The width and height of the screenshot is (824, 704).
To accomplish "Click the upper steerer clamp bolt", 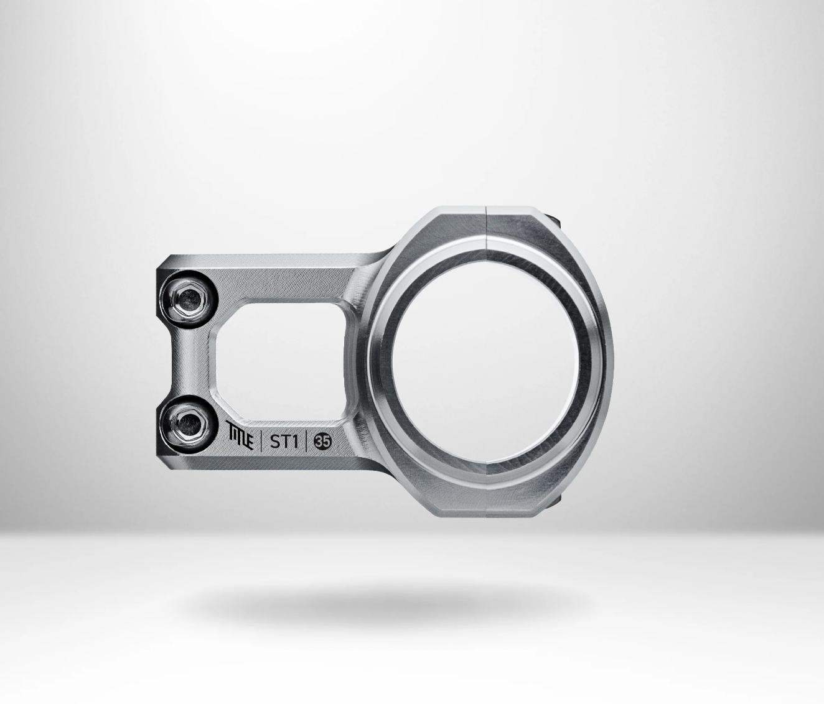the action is point(190,297).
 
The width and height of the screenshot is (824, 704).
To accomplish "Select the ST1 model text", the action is point(284,441).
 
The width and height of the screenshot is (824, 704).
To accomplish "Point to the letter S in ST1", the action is point(275,441).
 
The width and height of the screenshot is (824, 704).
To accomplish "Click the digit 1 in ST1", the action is point(295,441).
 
